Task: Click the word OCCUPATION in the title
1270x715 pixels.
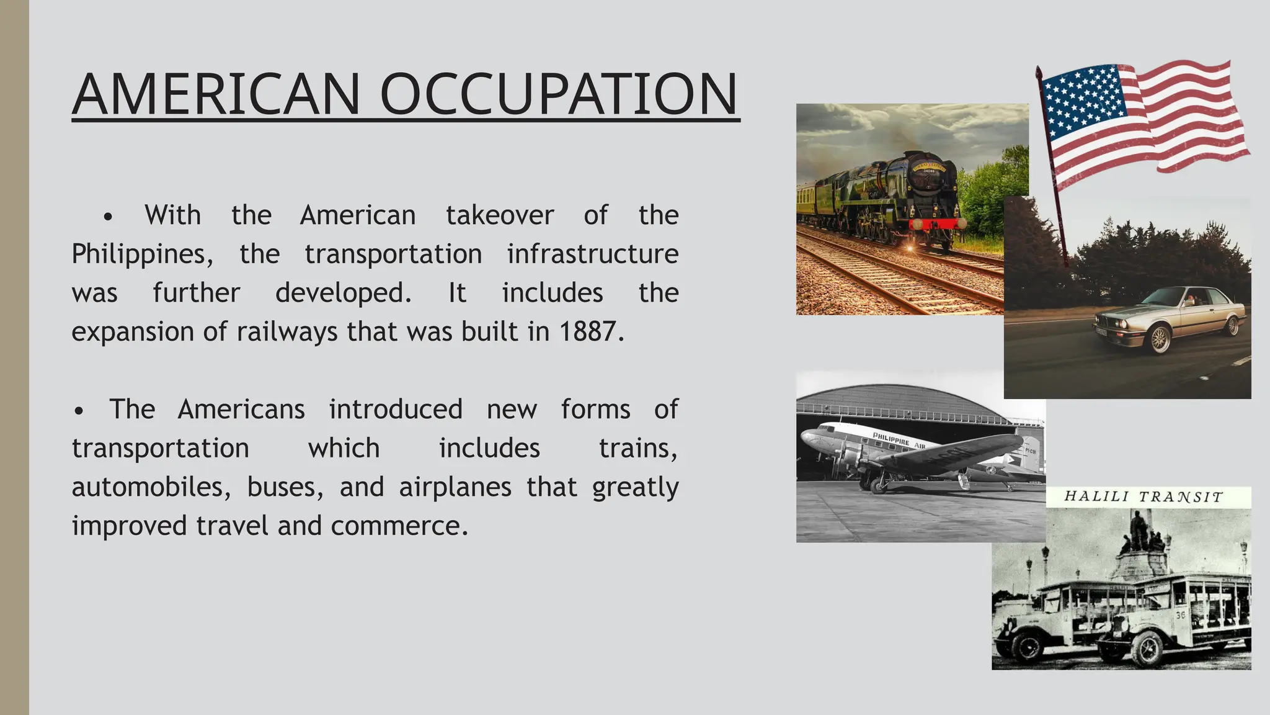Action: (559, 94)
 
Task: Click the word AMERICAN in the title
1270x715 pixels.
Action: (216, 94)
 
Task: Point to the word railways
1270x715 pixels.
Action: (288, 331)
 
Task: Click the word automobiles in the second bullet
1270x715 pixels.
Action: (148, 487)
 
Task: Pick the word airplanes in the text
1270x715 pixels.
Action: (455, 487)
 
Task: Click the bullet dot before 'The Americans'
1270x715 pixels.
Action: (78, 411)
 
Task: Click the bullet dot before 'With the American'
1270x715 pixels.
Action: (109, 217)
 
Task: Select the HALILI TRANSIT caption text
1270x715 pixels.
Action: (1143, 497)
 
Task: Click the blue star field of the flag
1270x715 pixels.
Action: (1083, 97)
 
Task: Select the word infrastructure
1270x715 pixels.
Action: (592, 254)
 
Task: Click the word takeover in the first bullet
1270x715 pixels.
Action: (499, 215)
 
